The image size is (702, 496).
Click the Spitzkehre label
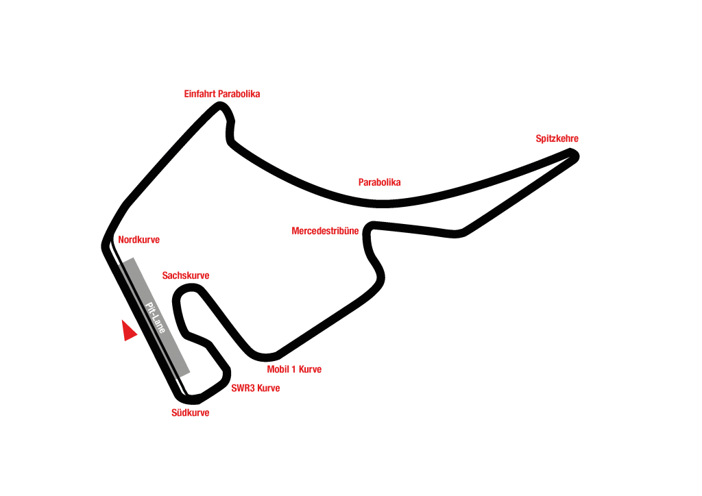click(557, 138)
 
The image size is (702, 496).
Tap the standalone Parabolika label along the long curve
click(379, 182)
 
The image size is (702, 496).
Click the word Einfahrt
click(200, 94)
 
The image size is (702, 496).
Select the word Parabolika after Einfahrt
click(239, 94)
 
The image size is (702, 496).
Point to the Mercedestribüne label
click(325, 231)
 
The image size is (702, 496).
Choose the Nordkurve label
click(138, 240)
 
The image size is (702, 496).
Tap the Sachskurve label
click(185, 275)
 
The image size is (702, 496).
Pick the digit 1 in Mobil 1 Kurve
click(293, 369)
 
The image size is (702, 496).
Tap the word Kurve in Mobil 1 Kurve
click(310, 369)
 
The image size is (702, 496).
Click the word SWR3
click(243, 388)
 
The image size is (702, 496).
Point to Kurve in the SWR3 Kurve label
click(268, 388)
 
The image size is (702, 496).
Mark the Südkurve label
click(190, 412)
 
